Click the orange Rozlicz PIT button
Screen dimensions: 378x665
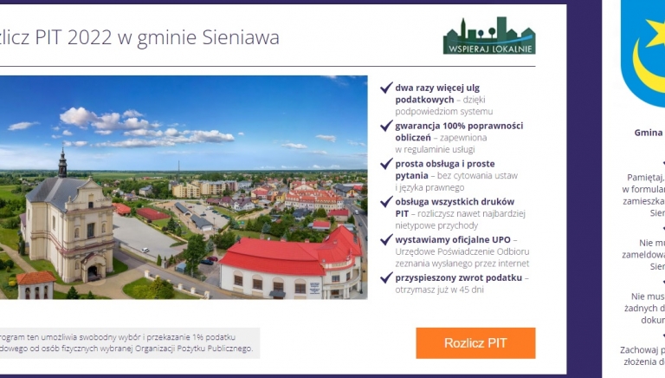click(475, 342)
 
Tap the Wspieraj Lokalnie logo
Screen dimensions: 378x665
click(488, 36)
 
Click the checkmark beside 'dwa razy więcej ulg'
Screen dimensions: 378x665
click(386, 88)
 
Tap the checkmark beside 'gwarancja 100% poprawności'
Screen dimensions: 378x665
click(386, 126)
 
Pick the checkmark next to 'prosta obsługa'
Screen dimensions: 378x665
click(386, 164)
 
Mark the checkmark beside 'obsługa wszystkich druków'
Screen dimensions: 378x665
click(386, 202)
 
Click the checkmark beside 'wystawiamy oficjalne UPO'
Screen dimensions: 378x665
click(386, 239)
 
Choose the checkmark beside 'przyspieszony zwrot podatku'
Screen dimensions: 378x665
click(386, 277)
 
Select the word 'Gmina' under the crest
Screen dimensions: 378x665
click(648, 133)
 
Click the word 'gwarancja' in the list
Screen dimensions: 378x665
click(419, 126)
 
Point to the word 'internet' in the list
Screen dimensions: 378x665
click(510, 264)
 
